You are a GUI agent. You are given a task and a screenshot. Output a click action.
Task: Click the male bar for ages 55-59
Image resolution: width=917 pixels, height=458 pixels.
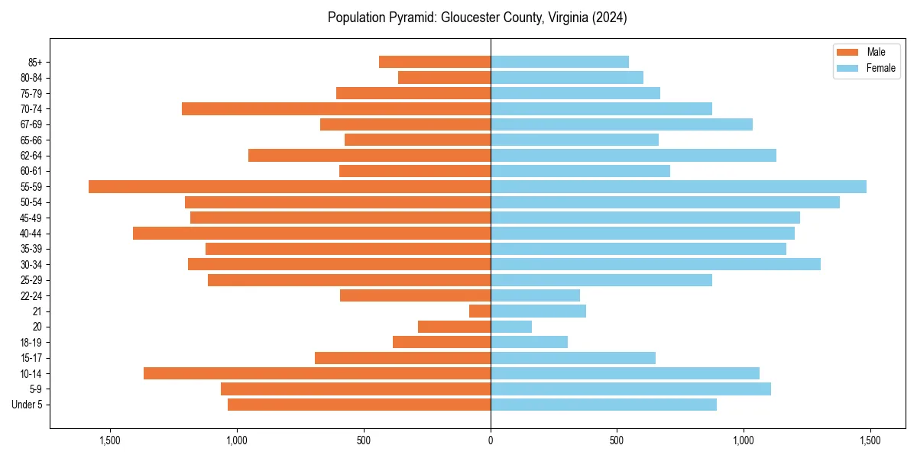coord(290,186)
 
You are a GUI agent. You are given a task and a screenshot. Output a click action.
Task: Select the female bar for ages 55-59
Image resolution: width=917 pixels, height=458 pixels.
coord(679,186)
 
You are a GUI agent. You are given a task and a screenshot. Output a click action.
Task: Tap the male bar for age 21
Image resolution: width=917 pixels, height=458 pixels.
coord(480,311)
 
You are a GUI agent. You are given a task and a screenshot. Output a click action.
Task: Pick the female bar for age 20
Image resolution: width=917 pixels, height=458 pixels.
coord(511,327)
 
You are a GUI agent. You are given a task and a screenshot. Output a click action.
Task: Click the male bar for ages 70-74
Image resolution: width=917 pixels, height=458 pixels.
coord(336,108)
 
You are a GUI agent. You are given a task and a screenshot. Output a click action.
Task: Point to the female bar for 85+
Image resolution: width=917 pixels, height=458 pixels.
coord(559,62)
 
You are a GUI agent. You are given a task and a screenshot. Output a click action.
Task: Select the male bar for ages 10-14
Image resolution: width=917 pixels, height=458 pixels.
coord(317,373)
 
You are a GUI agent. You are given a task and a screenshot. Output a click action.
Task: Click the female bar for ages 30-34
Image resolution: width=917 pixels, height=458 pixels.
coord(656,264)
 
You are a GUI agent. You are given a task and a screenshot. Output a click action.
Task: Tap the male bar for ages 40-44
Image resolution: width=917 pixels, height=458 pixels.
coord(312,233)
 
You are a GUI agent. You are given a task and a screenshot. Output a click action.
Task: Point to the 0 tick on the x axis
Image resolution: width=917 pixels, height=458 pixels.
coord(491,440)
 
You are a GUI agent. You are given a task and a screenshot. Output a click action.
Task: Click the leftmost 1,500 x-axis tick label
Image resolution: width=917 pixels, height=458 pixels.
coord(111,440)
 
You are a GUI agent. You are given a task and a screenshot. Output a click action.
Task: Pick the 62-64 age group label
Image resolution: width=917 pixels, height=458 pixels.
coord(31,156)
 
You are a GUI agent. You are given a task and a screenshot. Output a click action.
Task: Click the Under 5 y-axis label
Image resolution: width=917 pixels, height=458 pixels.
coord(28,405)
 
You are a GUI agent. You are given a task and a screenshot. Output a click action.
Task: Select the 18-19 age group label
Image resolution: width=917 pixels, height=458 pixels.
coord(31,343)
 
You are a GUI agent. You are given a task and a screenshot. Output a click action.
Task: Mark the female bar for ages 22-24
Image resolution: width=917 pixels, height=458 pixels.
coord(535,295)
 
